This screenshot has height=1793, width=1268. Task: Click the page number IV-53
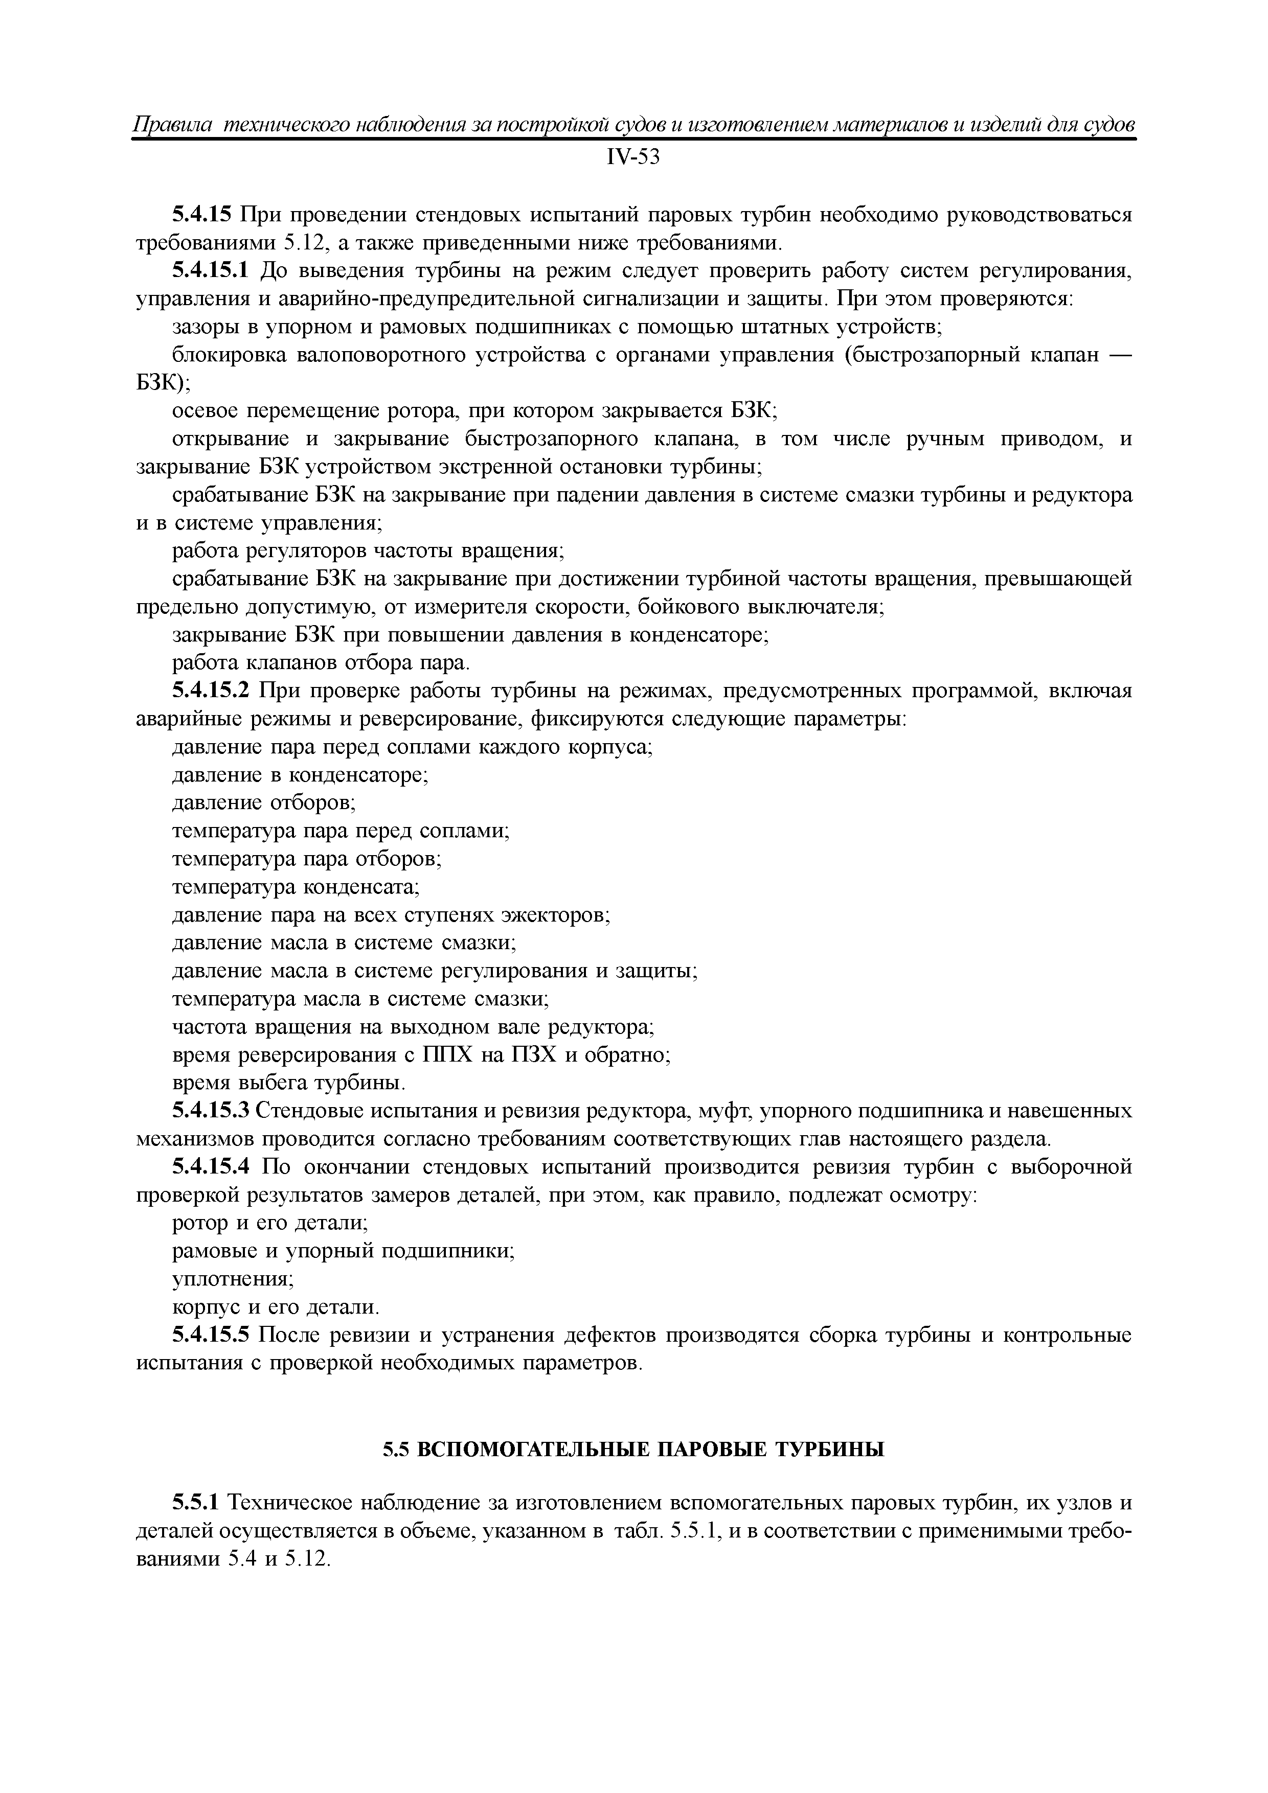click(633, 158)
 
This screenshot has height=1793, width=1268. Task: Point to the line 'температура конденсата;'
click(296, 887)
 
